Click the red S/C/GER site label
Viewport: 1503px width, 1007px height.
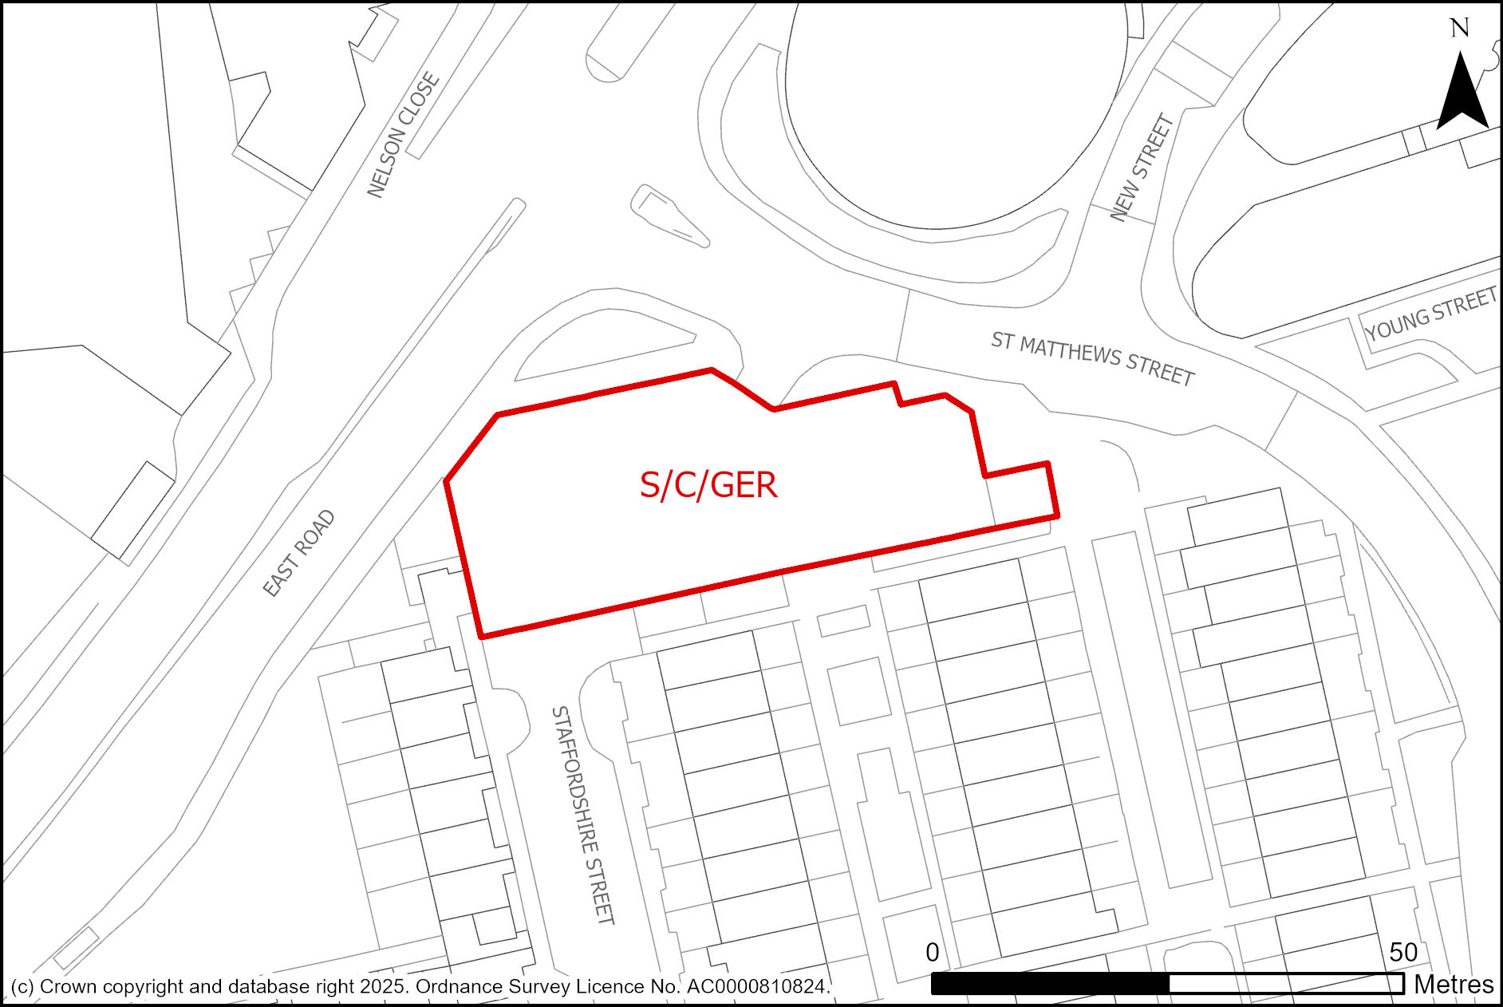pyautogui.click(x=708, y=485)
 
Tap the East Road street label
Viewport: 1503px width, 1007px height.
pyautogui.click(x=299, y=554)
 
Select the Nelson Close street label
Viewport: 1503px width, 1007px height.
pyautogui.click(x=403, y=135)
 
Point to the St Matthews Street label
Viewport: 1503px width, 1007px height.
pyautogui.click(x=1092, y=359)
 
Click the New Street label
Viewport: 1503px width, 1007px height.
pyautogui.click(x=1142, y=168)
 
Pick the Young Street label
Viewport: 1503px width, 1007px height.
pyautogui.click(x=1430, y=314)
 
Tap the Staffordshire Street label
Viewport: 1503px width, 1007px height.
pyautogui.click(x=583, y=815)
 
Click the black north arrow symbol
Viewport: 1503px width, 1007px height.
pyautogui.click(x=1462, y=92)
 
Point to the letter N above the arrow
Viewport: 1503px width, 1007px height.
pyautogui.click(x=1460, y=29)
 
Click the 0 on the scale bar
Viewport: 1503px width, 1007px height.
pyautogui.click(x=932, y=952)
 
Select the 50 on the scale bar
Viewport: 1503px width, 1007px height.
pyautogui.click(x=1403, y=952)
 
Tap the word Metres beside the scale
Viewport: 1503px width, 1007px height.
pyautogui.click(x=1454, y=985)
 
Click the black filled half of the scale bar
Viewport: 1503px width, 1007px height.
pyautogui.click(x=1050, y=984)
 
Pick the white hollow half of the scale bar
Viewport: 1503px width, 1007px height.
pyautogui.click(x=1286, y=984)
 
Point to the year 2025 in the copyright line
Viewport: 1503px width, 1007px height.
pyautogui.click(x=383, y=987)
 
